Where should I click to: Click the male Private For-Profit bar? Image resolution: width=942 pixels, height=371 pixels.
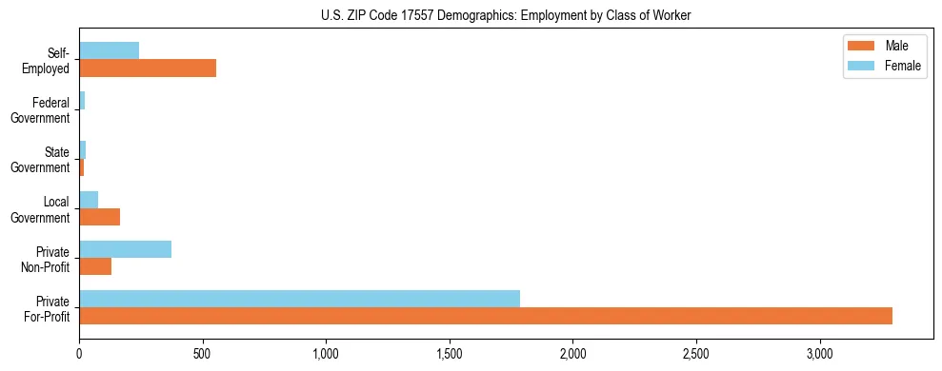tap(486, 316)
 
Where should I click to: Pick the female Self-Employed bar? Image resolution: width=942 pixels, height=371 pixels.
tap(109, 51)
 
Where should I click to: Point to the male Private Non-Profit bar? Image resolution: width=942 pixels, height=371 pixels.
tap(95, 266)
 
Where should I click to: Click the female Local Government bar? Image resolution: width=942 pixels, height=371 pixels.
tap(89, 200)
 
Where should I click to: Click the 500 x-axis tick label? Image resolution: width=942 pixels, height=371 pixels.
tap(202, 354)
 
